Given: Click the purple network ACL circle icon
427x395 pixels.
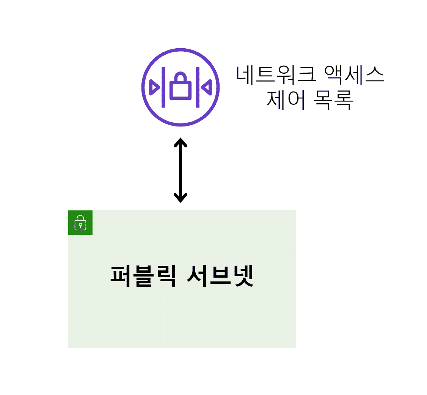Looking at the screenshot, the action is [x=181, y=87].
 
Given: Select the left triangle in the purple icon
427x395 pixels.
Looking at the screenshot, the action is [x=155, y=87].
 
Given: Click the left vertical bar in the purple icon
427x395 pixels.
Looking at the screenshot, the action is [x=163, y=87].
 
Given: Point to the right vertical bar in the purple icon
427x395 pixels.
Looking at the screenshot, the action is [x=198, y=87].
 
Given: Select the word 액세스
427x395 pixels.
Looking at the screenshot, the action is [x=354, y=75].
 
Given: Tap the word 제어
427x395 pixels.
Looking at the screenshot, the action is [x=286, y=100].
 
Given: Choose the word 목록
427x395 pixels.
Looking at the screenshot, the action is [x=333, y=100].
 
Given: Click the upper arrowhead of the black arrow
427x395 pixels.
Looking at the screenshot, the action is [x=181, y=142].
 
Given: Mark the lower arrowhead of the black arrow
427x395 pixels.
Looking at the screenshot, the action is [x=181, y=198].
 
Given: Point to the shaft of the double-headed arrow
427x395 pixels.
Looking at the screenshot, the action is [x=181, y=170].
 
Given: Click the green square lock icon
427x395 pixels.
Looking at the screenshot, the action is [x=80, y=222].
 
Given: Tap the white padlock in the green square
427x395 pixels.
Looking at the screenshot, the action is [x=80, y=223].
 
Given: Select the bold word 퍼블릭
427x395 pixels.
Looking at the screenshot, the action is [x=143, y=276].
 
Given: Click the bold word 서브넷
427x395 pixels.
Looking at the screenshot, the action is [x=220, y=276].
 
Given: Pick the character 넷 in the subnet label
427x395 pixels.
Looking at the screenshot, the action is [x=243, y=276].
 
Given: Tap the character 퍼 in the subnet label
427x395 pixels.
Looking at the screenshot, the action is [x=121, y=276].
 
